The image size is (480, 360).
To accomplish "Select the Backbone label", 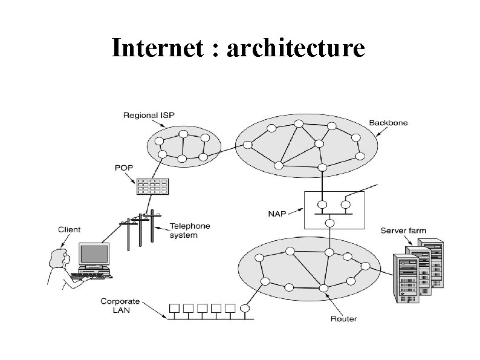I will click(388, 123).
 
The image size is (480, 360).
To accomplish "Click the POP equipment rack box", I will click(152, 186).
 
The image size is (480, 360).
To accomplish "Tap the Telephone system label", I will click(190, 230).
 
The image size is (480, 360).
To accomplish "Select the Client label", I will click(69, 229).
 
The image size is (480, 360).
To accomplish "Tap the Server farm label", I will click(403, 230).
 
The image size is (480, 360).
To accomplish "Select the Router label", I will click(344, 318).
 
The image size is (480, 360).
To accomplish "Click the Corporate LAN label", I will click(120, 306).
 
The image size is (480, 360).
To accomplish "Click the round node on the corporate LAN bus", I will click(245, 308).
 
